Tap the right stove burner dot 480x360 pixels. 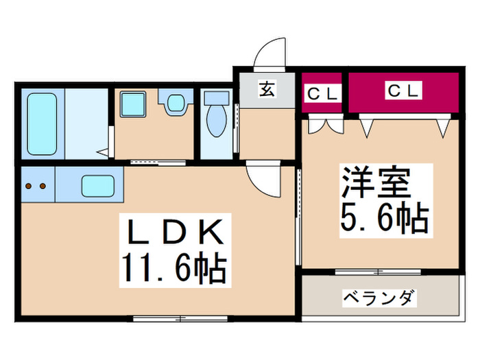(42, 185)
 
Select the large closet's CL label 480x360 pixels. (403, 90)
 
